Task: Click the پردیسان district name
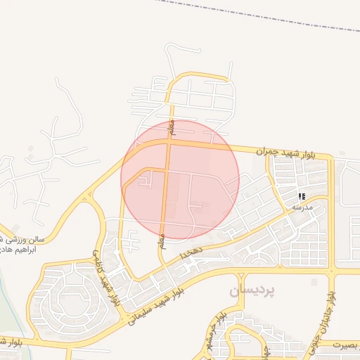[x=252, y=289]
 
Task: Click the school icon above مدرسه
[x=302, y=197]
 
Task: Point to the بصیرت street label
[x=345, y=345]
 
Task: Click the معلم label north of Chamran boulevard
[x=169, y=127]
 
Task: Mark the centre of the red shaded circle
[x=180, y=179]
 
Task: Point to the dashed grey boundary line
[x=267, y=15]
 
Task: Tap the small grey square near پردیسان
[x=314, y=282]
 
